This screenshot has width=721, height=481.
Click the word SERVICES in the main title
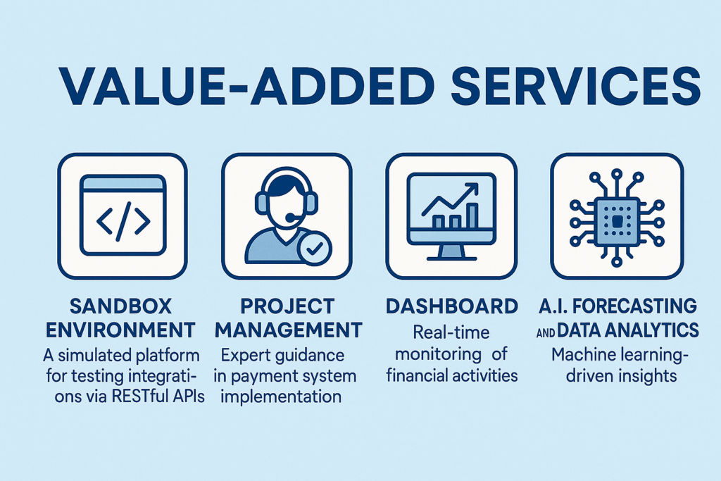576,87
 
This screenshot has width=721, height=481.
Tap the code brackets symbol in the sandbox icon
123,221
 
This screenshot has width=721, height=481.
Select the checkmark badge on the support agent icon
315,249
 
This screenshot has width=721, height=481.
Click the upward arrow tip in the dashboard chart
477,185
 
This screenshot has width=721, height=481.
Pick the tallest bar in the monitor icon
472,216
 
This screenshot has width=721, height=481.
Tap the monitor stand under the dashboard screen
451,252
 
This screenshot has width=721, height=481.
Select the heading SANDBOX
121,306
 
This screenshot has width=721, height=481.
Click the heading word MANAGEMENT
289,330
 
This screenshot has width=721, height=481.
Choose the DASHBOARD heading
451,306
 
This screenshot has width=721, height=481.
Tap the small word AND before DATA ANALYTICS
546,332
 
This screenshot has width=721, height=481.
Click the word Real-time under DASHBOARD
451,332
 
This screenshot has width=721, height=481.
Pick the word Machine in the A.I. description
584,354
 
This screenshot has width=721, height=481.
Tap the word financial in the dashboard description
416,375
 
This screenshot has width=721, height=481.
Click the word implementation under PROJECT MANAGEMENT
280,396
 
